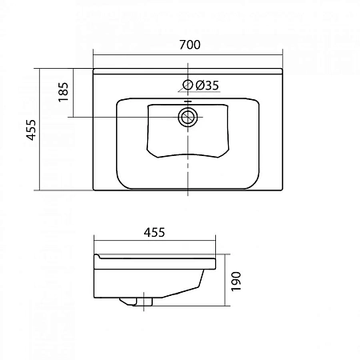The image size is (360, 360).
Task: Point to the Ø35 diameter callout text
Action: tap(206, 86)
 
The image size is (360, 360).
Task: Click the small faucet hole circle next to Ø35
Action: tap(188, 86)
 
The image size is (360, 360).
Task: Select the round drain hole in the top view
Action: tap(188, 118)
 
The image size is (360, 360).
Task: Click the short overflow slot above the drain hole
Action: tap(188, 102)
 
